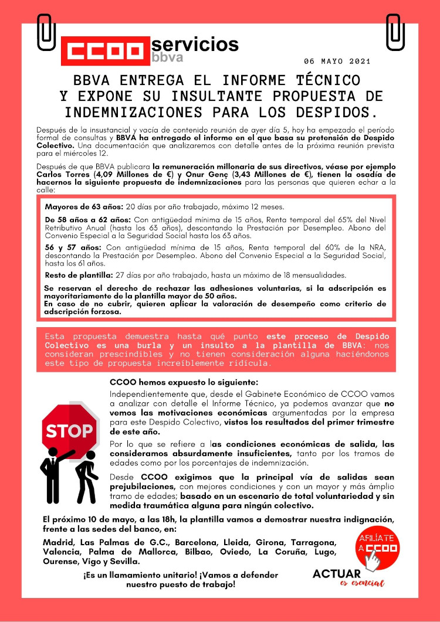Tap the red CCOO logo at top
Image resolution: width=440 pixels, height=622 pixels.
point(104,50)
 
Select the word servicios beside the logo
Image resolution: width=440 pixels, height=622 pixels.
point(195,44)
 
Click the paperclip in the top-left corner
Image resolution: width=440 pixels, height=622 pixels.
point(45,31)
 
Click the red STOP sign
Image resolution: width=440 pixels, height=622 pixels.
point(69,431)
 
